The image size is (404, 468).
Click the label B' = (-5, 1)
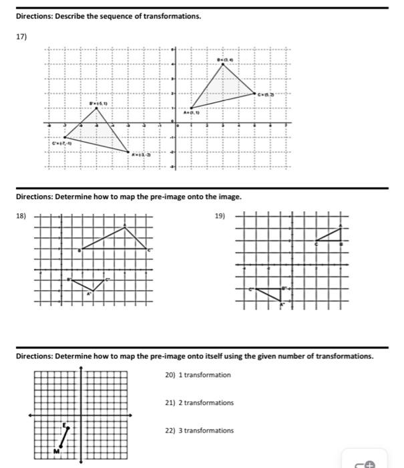[101, 104]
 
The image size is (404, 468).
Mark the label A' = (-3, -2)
[140, 154]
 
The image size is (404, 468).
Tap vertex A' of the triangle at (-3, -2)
[130, 153]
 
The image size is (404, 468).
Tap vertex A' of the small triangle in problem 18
[93, 291]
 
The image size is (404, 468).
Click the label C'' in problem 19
[251, 289]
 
